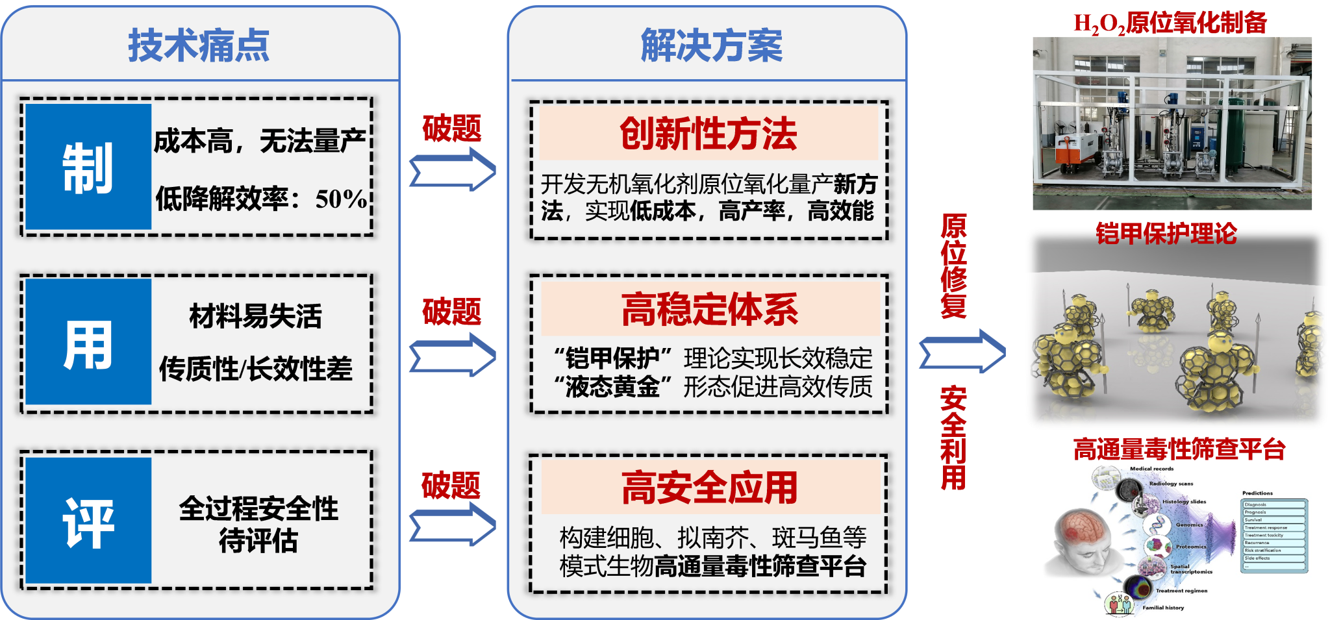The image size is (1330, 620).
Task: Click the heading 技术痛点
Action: click(x=199, y=45)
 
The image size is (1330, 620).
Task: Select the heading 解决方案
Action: click(x=712, y=45)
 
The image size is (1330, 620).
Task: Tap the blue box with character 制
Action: click(x=88, y=167)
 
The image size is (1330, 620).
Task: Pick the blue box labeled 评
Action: click(x=88, y=521)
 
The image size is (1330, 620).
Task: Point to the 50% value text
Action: click(x=341, y=199)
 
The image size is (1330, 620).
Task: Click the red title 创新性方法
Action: click(x=708, y=134)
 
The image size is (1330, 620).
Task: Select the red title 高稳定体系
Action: click(x=710, y=309)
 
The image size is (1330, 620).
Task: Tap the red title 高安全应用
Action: click(x=710, y=488)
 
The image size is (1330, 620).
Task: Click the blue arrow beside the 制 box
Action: click(x=453, y=169)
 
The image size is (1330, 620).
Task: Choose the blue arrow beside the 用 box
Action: click(x=453, y=354)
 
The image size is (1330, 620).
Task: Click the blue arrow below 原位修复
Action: click(x=962, y=351)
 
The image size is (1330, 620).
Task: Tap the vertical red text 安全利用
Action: click(x=953, y=438)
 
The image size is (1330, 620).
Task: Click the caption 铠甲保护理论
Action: click(x=1166, y=234)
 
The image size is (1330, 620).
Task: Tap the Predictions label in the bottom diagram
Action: click(x=1257, y=493)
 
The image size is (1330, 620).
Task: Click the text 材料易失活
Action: click(x=256, y=316)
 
